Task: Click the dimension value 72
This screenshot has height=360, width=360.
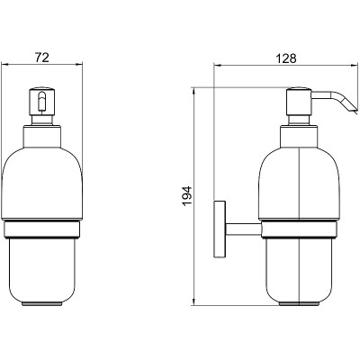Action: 42,57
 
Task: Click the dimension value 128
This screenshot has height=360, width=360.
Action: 286,58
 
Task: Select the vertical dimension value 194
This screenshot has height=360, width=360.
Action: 187,196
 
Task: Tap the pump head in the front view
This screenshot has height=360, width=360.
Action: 42,101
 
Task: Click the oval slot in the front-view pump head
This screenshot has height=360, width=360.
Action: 42,101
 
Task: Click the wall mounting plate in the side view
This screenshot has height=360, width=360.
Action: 220,229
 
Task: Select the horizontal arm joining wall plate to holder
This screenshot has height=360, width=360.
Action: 244,229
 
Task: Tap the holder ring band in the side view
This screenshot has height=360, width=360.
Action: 299,230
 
